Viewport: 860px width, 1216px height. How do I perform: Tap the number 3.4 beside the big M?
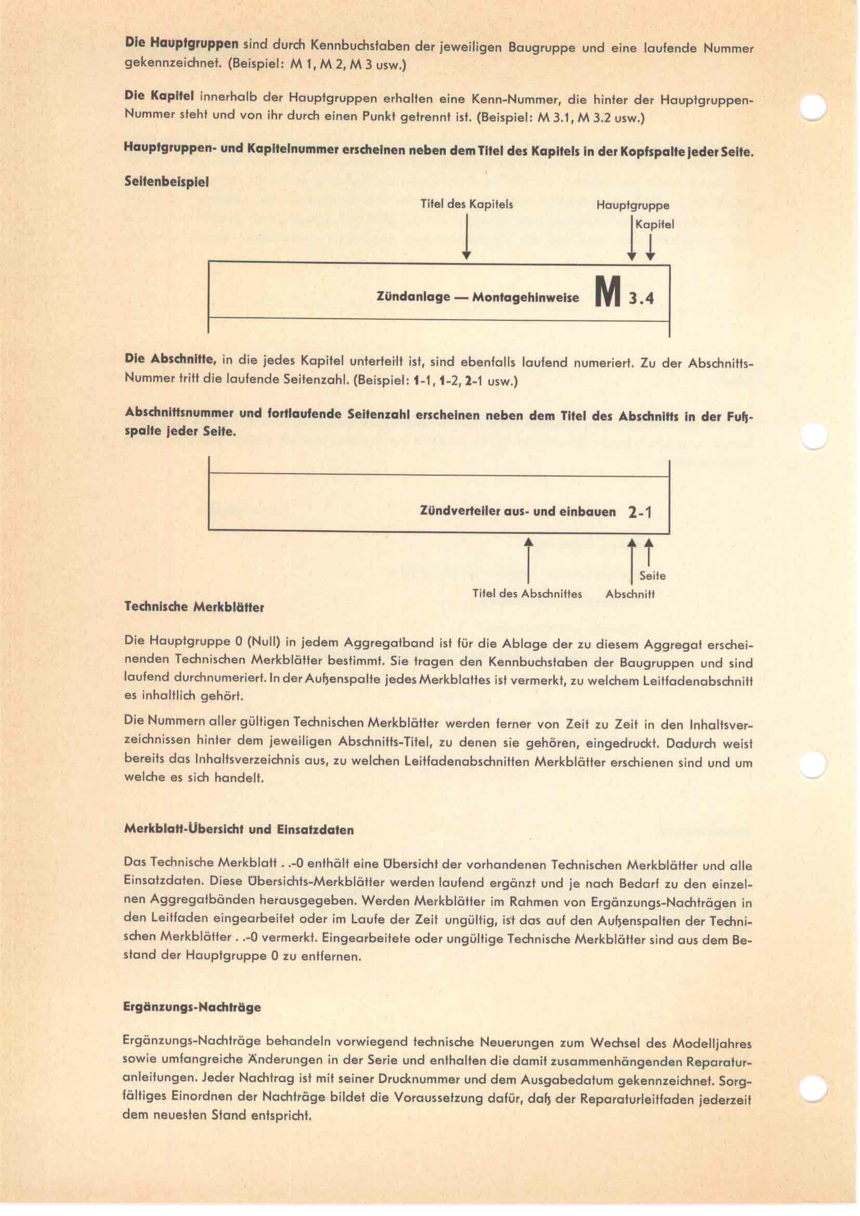[641, 298]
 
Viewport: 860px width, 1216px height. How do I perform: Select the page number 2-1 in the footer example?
[640, 512]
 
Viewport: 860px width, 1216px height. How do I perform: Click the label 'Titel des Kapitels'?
[466, 204]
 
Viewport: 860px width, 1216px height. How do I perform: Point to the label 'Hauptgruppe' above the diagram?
[632, 205]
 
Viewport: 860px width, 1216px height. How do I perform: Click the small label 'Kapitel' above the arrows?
[655, 225]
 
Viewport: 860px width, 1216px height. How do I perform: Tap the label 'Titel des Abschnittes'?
[527, 594]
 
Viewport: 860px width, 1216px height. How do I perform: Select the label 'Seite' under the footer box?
[652, 576]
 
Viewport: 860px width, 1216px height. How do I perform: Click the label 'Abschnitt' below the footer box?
[630, 594]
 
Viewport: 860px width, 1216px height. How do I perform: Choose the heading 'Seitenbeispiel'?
[166, 181]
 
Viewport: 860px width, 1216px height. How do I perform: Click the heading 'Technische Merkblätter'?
[194, 607]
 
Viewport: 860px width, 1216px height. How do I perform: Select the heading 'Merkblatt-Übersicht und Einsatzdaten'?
[239, 829]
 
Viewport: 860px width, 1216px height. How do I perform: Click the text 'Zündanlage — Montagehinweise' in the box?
[477, 298]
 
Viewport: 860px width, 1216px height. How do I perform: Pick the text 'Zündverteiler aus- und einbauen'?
[517, 512]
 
